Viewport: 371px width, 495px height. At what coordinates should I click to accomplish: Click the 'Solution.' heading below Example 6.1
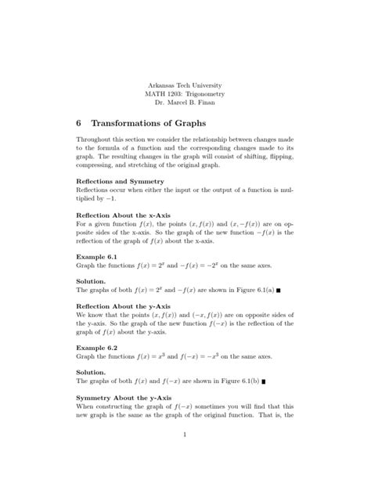[92, 279]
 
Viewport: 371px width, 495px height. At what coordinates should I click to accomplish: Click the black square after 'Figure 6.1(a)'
[278, 290]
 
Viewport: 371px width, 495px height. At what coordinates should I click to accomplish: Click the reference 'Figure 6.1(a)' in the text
[250, 289]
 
